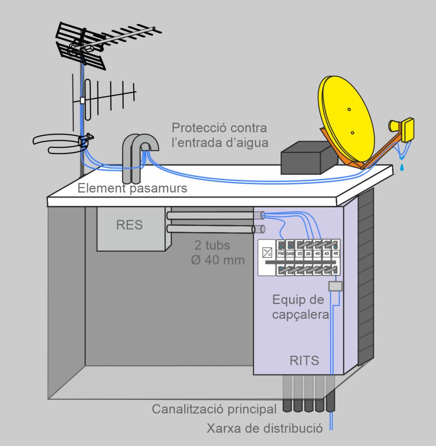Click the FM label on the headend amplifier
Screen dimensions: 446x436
tap(281, 254)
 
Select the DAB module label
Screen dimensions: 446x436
tap(290, 254)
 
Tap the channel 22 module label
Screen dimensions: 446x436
tap(300, 254)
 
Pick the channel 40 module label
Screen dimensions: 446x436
tap(318, 254)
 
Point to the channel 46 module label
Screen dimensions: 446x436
tap(335, 254)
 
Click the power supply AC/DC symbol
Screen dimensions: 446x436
tap(267, 253)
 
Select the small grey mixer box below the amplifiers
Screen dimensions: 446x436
tap(335, 286)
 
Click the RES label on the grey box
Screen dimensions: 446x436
tap(129, 225)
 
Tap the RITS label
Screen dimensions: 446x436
tap(304, 361)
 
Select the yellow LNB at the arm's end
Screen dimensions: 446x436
tap(405, 129)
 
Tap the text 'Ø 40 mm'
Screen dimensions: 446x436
tap(218, 260)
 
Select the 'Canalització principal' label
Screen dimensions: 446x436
tap(214, 409)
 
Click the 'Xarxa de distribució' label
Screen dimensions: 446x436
tap(264, 428)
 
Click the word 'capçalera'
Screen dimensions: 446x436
tap(300, 314)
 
